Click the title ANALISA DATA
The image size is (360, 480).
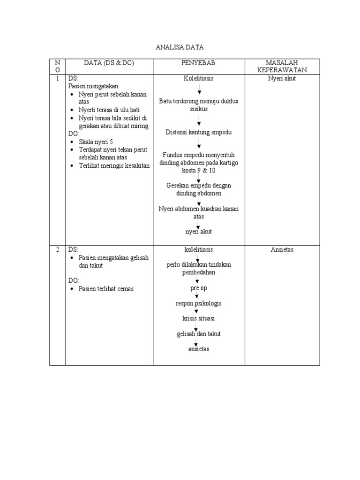(x=180, y=47)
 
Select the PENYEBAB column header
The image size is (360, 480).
(x=198, y=63)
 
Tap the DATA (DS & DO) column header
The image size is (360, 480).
(x=109, y=63)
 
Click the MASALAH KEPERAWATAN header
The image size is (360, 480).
(x=282, y=66)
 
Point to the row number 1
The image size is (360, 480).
(x=57, y=78)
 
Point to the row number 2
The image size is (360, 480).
(x=57, y=249)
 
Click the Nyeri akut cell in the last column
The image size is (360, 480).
(x=282, y=78)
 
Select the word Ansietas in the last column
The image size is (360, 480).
(x=282, y=249)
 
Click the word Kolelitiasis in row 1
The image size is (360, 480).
(x=199, y=78)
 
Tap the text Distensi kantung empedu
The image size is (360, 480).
(x=199, y=132)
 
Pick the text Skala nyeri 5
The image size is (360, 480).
(x=96, y=142)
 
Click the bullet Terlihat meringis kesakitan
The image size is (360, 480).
(x=114, y=165)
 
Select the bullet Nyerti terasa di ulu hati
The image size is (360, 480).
(x=109, y=110)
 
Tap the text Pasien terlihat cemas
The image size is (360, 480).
(x=106, y=289)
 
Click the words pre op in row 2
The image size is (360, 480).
(x=199, y=288)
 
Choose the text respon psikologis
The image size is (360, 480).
(x=199, y=303)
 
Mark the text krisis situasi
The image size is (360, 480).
(x=199, y=318)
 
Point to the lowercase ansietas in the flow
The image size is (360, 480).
(x=199, y=349)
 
